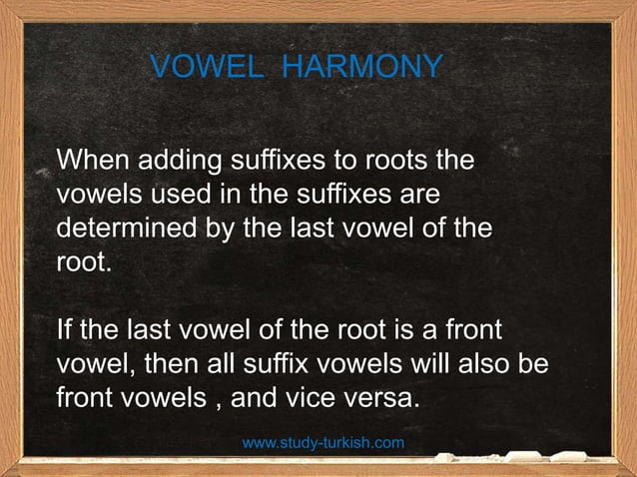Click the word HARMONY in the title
pyautogui.click(x=362, y=67)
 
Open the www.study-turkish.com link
pyautogui.click(x=323, y=441)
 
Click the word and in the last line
pyautogui.click(x=254, y=397)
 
